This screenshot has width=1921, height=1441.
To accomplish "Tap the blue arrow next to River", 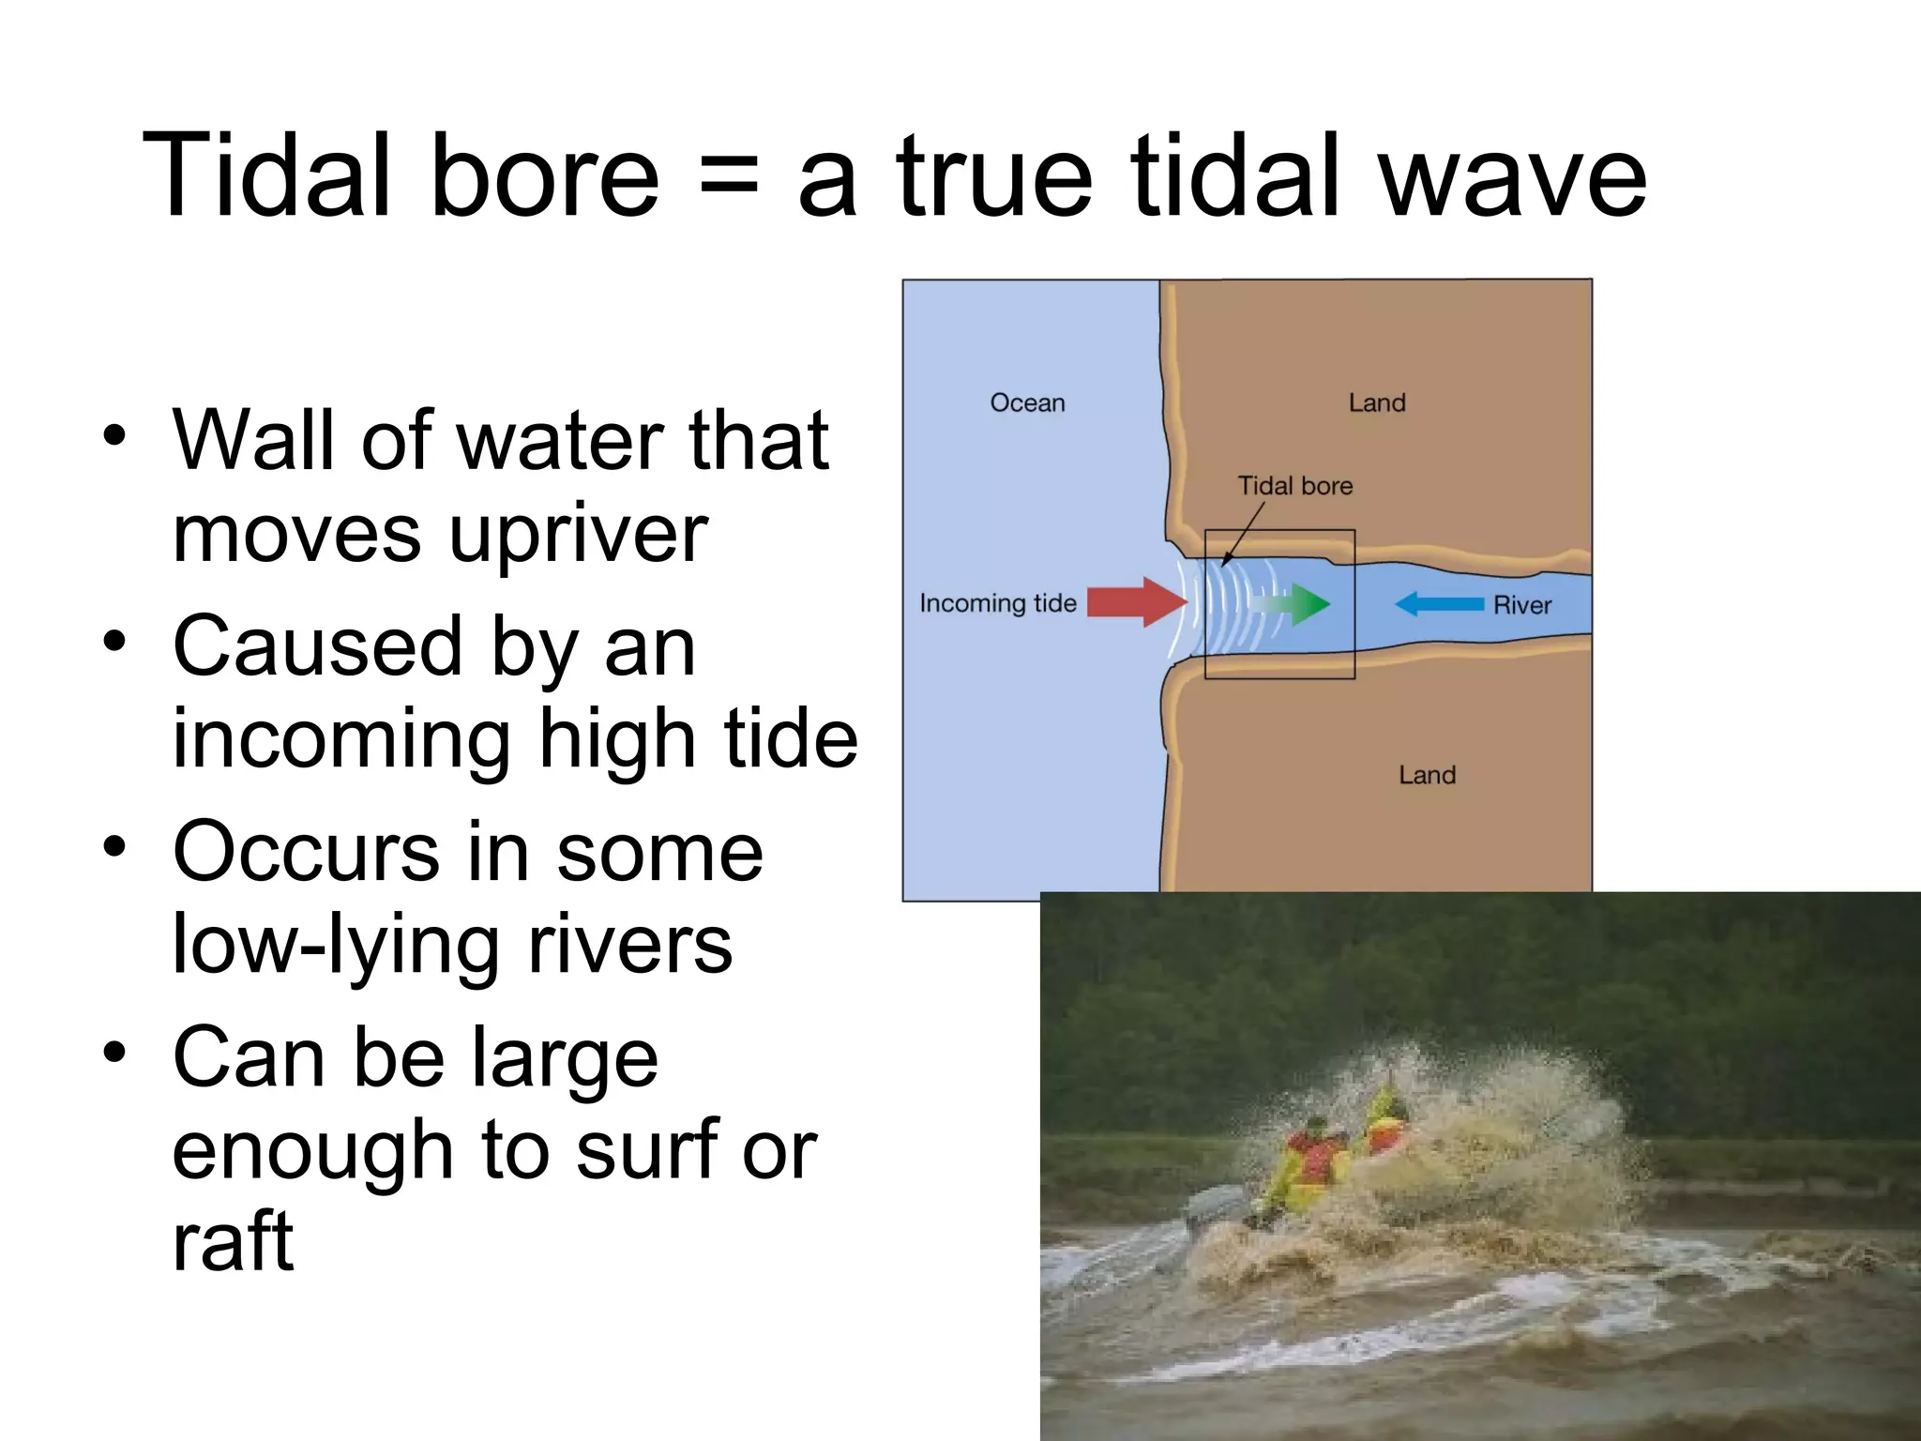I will pos(1439,603).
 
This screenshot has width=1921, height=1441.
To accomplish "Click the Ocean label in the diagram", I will pos(1027,402).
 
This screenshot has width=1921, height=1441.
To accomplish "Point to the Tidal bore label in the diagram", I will pos(1294,485).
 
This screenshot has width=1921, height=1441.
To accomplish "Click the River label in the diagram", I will pos(1521,605).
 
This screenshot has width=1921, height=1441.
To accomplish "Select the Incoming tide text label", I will pos(997,602).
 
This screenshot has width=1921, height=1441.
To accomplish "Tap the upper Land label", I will pos(1377,402).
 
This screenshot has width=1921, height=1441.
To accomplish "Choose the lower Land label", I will pos(1427,775).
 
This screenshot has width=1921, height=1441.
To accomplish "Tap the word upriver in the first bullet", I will pos(578,536).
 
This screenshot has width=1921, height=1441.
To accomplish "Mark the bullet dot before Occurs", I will pos(114,847).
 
